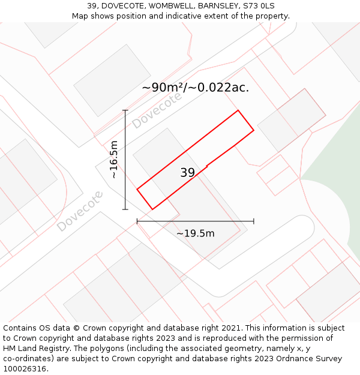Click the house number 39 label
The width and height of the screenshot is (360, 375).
187,173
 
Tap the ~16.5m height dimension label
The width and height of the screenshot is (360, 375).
114,160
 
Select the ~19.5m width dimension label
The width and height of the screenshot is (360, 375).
195,233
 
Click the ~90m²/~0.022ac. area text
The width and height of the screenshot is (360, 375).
195,88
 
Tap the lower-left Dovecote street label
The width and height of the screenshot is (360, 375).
80,211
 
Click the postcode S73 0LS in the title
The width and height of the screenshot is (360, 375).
259,5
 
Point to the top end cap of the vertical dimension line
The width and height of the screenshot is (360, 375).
125,110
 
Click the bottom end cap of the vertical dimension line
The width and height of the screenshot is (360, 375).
125,209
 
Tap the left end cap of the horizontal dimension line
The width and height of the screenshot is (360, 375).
137,221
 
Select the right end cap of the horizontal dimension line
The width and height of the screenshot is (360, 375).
254,221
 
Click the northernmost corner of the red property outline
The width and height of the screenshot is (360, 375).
238,110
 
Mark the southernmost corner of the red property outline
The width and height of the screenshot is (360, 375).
152,209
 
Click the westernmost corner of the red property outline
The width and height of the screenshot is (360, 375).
137,190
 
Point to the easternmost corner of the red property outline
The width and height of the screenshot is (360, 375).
254,130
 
